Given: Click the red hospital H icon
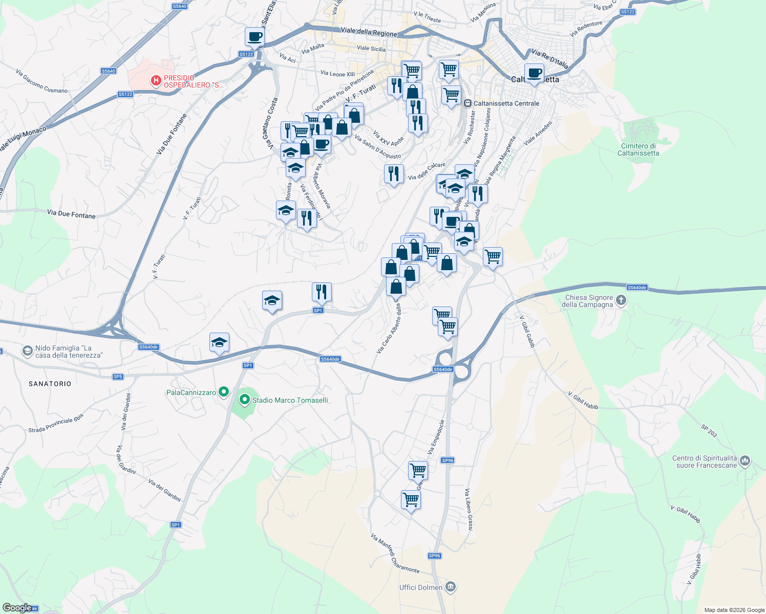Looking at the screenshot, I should click(x=156, y=81).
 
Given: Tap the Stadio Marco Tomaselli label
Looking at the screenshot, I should click(x=290, y=400).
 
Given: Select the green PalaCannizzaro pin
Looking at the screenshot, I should click(x=223, y=392).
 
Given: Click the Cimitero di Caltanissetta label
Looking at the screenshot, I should click(x=638, y=149).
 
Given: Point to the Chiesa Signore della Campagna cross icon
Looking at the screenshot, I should click(x=621, y=300).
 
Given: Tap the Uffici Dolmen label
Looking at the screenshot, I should click(x=421, y=587).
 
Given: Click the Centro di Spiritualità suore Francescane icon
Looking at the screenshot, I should click(x=745, y=461).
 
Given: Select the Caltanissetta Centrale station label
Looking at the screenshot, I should click(x=506, y=103).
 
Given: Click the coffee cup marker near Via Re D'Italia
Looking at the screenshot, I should click(x=534, y=73).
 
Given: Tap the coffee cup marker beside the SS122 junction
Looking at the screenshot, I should click(x=254, y=37).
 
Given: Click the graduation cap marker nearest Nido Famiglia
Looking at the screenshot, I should click(x=219, y=343).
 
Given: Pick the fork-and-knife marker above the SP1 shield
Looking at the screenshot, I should click(x=322, y=292).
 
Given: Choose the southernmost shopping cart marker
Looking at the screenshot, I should click(x=411, y=499).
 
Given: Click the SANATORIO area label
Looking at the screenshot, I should click(x=50, y=384).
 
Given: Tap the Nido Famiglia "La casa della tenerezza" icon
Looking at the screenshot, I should click(x=27, y=351).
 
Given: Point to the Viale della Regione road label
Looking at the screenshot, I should click(x=369, y=32).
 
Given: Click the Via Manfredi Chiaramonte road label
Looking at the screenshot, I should click(x=395, y=554).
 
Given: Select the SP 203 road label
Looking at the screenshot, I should click(x=709, y=431).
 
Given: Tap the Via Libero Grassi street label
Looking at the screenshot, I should click(x=469, y=509).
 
